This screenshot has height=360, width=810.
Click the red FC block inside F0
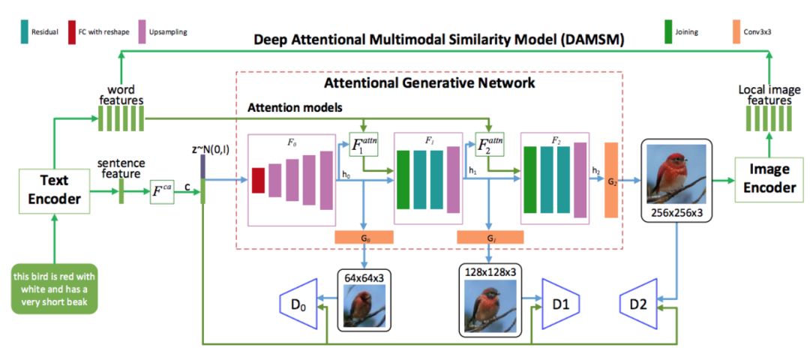(257, 181)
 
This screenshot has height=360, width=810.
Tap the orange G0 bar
(364, 237)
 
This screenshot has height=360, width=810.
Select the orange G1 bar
(490, 237)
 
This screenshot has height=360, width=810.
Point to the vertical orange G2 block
(610, 179)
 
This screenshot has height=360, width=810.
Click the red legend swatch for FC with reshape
(72, 32)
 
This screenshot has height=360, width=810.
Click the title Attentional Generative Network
(429, 83)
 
